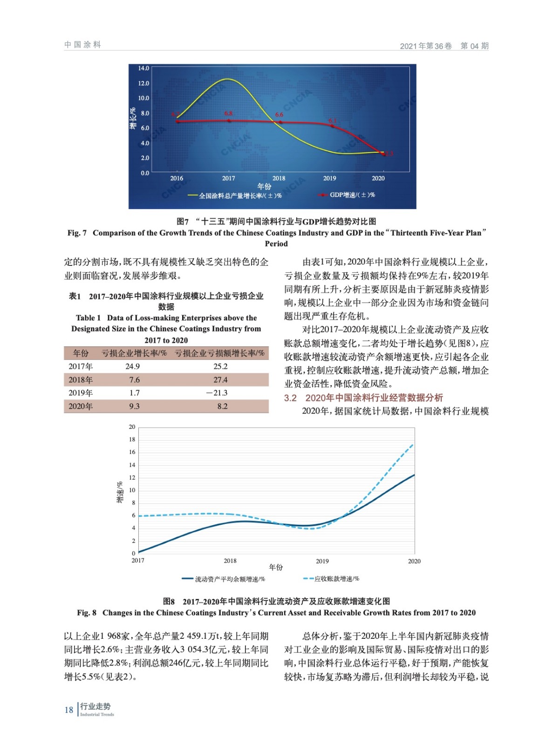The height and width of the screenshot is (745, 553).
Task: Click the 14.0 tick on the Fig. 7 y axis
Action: click(143, 68)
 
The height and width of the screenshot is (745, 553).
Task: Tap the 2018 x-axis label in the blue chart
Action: click(279, 178)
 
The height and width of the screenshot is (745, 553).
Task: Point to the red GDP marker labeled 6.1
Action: click(332, 126)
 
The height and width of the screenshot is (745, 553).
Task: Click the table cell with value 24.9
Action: click(132, 366)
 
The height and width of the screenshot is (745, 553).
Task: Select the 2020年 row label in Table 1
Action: click(81, 406)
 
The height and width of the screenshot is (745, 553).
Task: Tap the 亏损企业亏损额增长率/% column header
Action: click(219, 353)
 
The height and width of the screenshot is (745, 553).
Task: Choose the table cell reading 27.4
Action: click(220, 380)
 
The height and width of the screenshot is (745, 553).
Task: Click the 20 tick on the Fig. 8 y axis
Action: click(132, 427)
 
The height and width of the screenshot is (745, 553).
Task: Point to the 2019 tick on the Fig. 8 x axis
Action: click(322, 561)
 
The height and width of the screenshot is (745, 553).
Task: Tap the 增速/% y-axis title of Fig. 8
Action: click(120, 492)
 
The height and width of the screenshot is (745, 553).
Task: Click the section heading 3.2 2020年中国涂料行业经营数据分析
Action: click(363, 398)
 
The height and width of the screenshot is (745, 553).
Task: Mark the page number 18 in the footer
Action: click(69, 710)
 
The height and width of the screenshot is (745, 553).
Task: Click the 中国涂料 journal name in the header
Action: click(82, 45)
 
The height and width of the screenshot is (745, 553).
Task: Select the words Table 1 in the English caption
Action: click(88, 318)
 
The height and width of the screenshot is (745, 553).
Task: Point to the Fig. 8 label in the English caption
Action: click(87, 613)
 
